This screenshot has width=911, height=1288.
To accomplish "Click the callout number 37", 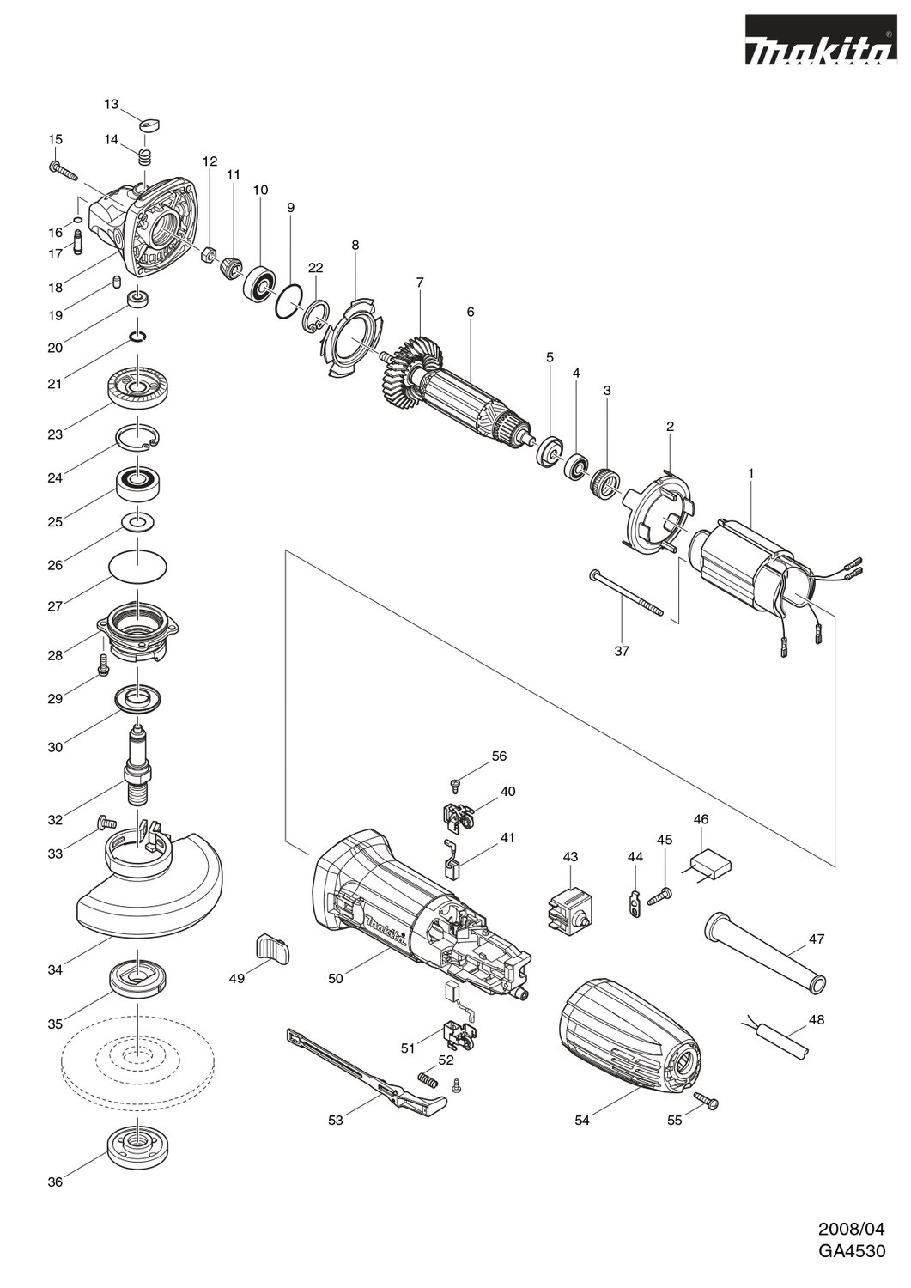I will point(622,651).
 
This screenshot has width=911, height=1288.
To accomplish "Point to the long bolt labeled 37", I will point(628,592).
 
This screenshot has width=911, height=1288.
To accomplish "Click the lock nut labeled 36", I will point(136,1143).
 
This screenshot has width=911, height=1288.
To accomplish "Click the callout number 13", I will point(112,104).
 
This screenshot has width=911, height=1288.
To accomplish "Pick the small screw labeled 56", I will point(456,782).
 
